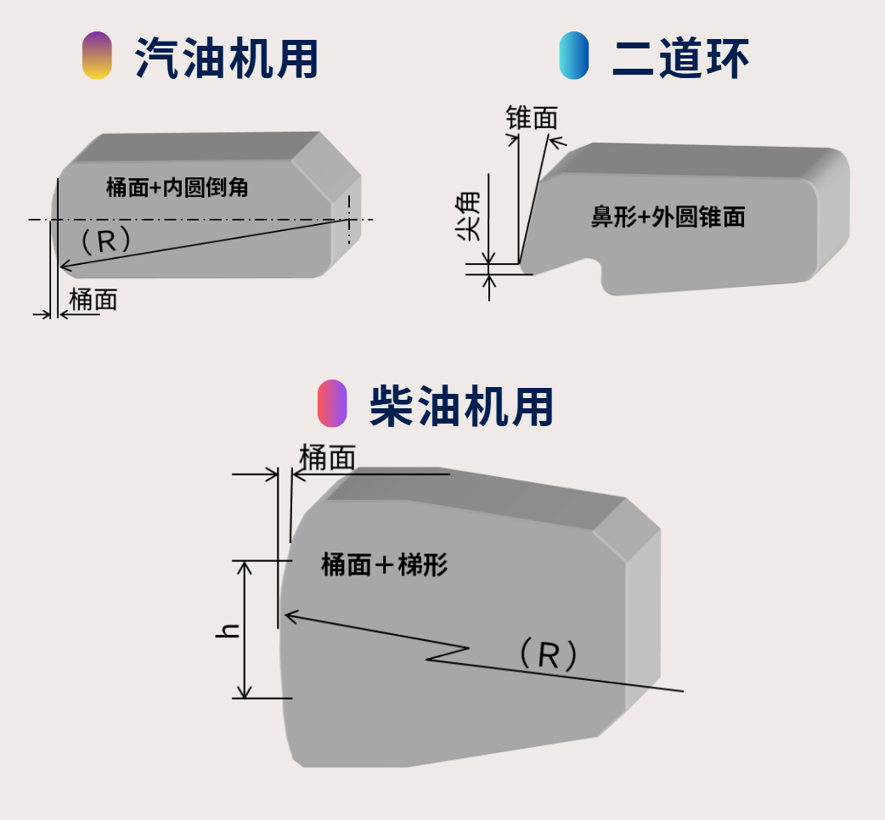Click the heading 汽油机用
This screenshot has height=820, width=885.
pos(226,58)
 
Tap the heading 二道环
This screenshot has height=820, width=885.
pos(680,58)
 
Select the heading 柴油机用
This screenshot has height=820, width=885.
pos(461,406)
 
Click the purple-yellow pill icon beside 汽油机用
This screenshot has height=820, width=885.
pos(97,56)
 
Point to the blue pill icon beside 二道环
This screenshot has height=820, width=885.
pos(574,56)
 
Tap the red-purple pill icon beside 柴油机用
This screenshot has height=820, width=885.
pos(332,404)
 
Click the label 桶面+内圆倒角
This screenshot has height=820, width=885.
pos(177,187)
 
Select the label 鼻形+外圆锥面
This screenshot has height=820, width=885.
pos(668,217)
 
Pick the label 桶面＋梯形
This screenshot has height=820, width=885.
pos(384,564)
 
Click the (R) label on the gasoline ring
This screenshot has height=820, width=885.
pos(105,241)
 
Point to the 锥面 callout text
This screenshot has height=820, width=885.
pos(532,118)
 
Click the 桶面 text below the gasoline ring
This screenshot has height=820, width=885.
pos(93,299)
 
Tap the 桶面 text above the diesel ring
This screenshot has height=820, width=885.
pos(327,458)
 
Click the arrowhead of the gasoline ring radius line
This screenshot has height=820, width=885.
pos(62,268)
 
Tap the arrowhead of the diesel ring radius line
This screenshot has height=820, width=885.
pos(288,615)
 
